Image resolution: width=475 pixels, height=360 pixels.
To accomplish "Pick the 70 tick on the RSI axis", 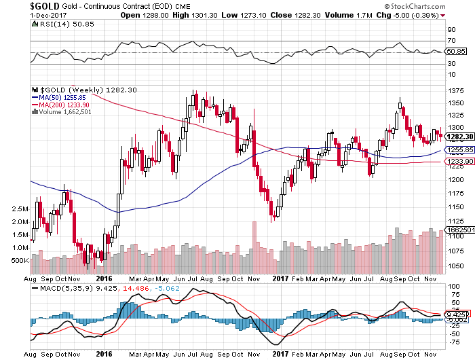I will point(449,42).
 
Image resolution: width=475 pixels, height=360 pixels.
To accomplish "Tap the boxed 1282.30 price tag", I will point(455,137).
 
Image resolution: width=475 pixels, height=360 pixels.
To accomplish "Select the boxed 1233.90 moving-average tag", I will point(455,162).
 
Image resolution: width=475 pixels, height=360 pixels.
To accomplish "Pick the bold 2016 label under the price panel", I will point(104,278).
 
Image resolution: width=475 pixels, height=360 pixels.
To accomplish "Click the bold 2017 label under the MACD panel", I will point(280,354).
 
